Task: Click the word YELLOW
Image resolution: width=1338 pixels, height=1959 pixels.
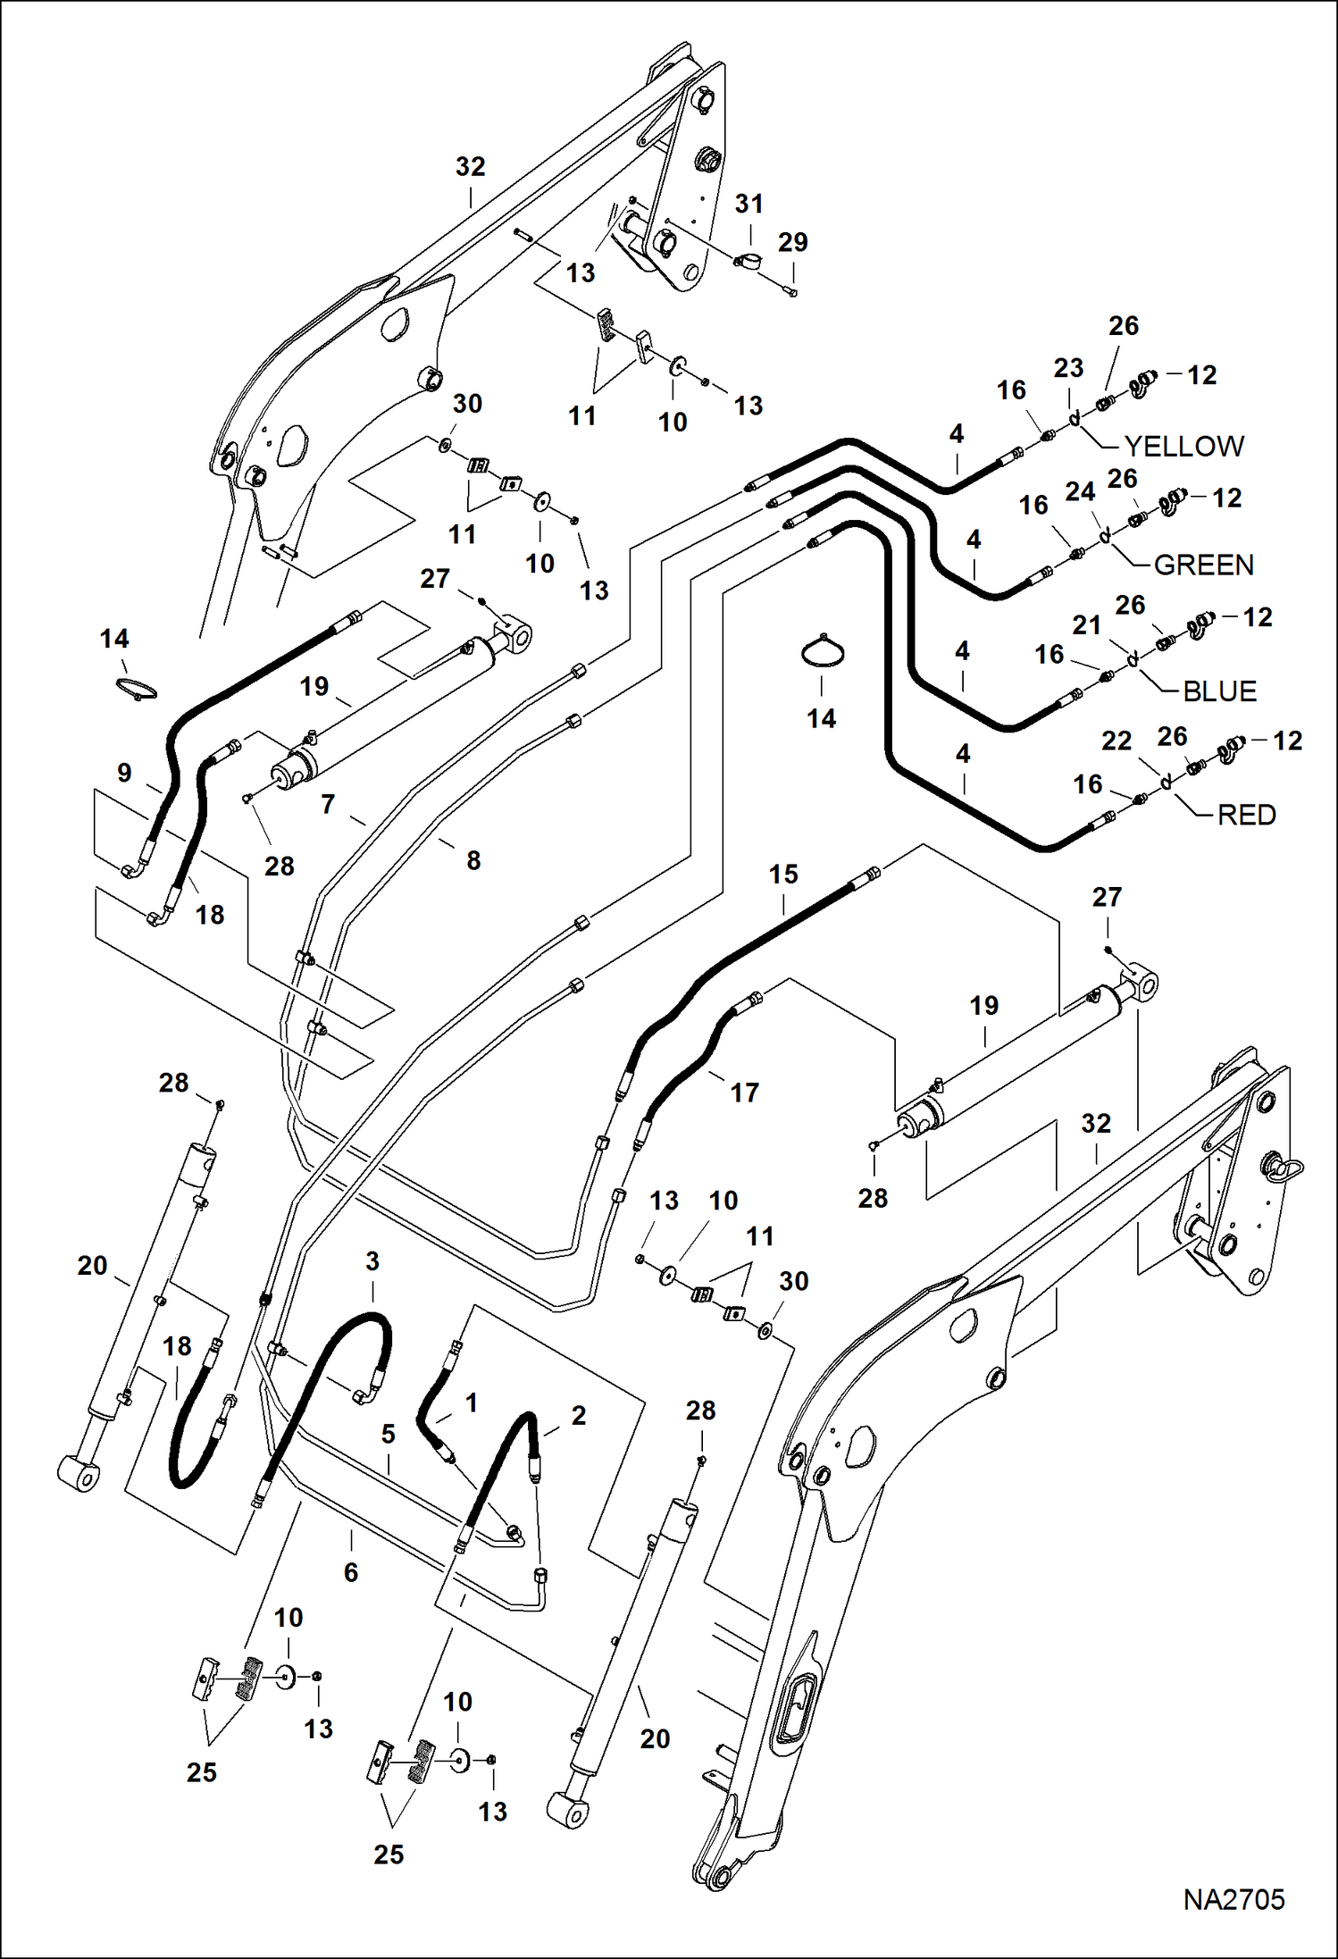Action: pyautogui.click(x=1183, y=446)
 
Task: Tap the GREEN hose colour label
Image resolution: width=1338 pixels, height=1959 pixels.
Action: pyautogui.click(x=1203, y=565)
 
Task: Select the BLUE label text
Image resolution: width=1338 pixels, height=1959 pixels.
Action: pyautogui.click(x=1219, y=691)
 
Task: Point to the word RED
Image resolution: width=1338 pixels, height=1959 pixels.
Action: pyautogui.click(x=1246, y=815)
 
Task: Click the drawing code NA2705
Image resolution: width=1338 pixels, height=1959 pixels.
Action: pyautogui.click(x=1233, y=1899)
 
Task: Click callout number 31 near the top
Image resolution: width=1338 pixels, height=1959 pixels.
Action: pyautogui.click(x=748, y=204)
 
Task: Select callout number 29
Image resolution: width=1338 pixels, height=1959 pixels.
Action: pyautogui.click(x=792, y=242)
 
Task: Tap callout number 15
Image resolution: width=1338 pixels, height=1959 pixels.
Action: pyautogui.click(x=782, y=874)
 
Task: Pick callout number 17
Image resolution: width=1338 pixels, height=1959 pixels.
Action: pyautogui.click(x=744, y=1092)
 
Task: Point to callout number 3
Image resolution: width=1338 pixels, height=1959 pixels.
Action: pyautogui.click(x=372, y=1260)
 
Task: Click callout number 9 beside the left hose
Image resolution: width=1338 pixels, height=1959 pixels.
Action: pyautogui.click(x=124, y=772)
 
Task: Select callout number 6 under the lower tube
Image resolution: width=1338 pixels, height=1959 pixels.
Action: pyautogui.click(x=351, y=1571)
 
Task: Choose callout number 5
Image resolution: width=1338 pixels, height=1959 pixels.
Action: pyautogui.click(x=388, y=1434)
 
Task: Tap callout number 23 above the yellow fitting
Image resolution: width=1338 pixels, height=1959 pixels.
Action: pyautogui.click(x=1068, y=367)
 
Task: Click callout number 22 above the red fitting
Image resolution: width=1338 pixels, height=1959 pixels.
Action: pyautogui.click(x=1116, y=741)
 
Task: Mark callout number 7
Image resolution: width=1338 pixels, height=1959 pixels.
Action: pyautogui.click(x=328, y=804)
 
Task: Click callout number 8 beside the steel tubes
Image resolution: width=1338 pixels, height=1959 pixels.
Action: pyautogui.click(x=473, y=859)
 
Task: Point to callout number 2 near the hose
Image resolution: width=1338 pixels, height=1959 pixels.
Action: pyautogui.click(x=579, y=1415)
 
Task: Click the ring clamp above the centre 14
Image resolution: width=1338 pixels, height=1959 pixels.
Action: pyautogui.click(x=822, y=651)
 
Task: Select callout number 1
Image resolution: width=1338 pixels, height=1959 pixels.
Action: pyautogui.click(x=472, y=1402)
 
